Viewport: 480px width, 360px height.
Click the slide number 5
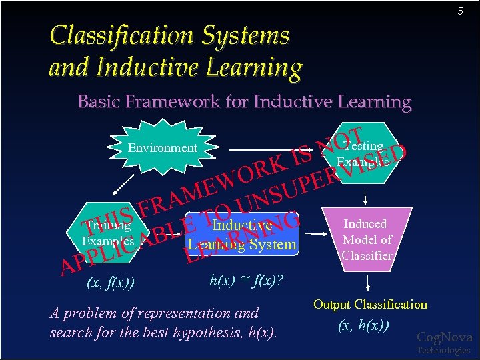(459, 11)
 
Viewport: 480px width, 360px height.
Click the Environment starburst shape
(163, 148)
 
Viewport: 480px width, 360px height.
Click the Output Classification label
(370, 305)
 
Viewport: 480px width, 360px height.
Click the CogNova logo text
(444, 337)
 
